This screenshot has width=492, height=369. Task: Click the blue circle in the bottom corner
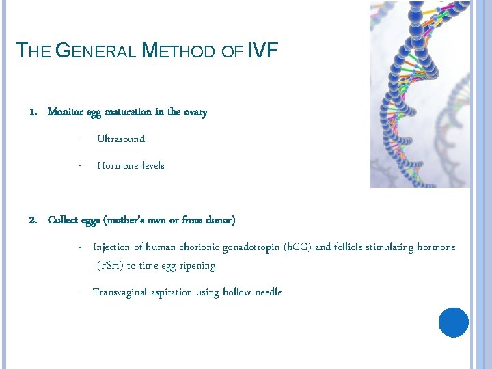453,322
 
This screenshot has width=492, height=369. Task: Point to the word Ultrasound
121,139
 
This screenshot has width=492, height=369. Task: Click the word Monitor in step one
65,112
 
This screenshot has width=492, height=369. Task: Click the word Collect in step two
64,220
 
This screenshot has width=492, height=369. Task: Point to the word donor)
220,220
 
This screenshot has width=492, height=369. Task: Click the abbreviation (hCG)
297,247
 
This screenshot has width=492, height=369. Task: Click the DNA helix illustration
420,94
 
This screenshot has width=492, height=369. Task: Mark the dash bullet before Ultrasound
80,139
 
